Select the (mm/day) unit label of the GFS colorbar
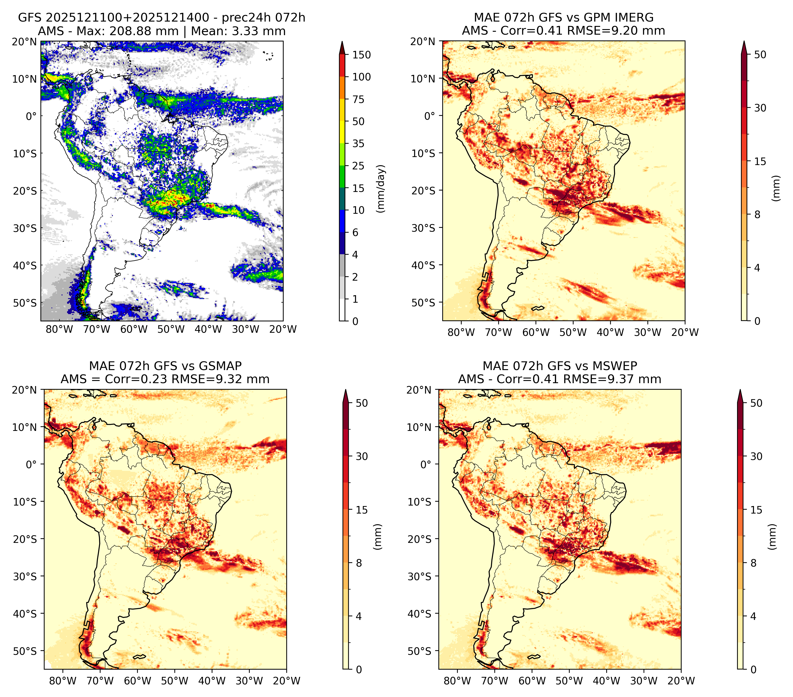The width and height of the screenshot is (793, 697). point(381,189)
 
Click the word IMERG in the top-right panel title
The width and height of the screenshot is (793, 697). point(635,17)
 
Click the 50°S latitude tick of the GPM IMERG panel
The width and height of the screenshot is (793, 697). point(423,302)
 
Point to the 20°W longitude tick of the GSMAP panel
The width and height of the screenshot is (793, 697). point(286,681)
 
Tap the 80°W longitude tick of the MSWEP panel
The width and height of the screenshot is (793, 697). point(457,681)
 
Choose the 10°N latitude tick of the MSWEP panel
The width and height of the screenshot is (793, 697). point(420,427)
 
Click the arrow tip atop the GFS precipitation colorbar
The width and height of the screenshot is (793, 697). point(342,41)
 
